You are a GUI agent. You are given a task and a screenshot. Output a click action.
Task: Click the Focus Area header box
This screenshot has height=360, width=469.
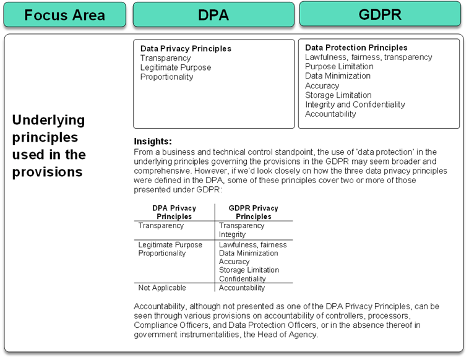64,15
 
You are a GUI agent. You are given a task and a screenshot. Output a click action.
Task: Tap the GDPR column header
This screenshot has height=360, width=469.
380,14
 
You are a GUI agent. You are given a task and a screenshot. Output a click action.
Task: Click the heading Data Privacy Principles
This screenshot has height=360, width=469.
186,48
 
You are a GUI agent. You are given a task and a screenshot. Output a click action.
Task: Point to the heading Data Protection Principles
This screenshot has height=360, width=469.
356,48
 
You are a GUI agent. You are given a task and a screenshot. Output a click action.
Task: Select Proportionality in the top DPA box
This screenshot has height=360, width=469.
166,77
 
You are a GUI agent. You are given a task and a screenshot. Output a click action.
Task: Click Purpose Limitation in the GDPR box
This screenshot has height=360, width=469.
339,66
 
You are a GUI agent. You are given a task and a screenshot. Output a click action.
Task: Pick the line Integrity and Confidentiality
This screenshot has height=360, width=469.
355,105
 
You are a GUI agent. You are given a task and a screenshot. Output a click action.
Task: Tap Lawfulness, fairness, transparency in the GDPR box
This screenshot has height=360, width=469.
368,57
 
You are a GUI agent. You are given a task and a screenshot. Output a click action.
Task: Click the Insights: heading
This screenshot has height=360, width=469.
153,141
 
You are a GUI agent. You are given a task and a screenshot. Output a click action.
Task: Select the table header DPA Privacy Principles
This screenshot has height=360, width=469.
174,212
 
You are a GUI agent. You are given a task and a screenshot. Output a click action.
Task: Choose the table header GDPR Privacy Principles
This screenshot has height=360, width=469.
253,212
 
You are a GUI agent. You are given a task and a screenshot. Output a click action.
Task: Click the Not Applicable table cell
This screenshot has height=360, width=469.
162,288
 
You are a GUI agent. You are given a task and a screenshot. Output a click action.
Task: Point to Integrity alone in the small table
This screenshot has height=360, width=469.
232,234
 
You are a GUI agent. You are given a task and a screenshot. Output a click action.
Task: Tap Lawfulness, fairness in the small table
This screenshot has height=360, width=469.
252,244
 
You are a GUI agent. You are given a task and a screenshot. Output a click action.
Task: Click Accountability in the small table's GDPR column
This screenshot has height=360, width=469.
242,288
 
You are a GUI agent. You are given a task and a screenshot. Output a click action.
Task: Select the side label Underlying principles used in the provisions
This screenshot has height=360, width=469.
49,146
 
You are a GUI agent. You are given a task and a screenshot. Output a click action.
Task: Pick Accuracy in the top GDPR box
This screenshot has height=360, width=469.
322,85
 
